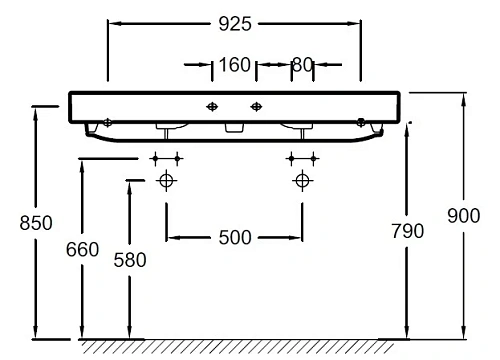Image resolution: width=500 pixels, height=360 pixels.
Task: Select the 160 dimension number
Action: (233, 66)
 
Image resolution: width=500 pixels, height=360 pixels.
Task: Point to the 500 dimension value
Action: (234, 237)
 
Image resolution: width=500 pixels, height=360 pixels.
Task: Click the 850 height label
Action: (18, 224)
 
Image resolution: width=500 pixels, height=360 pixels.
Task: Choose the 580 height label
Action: (129, 260)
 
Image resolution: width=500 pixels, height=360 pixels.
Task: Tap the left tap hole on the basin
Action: (212, 106)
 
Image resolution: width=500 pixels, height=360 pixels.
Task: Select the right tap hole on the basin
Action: (256, 106)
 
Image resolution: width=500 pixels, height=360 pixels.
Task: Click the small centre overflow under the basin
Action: (235, 128)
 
